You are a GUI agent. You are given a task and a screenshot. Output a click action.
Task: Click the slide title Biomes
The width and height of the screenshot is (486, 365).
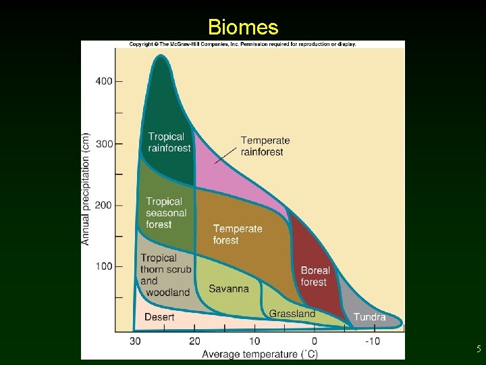tap(243, 27)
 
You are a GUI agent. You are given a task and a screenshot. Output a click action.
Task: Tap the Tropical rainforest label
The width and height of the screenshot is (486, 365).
tap(169, 142)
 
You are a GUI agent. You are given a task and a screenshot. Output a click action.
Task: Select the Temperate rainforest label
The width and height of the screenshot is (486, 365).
tap(265, 146)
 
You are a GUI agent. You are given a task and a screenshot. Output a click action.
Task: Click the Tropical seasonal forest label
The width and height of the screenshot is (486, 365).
tap(166, 212)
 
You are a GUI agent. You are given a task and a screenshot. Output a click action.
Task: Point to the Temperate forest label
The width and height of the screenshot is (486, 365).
tap(238, 234)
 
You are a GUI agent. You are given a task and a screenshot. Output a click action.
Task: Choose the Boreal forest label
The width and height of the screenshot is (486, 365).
tap(315, 276)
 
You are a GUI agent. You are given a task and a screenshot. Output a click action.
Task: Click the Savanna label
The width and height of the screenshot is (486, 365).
tap(228, 289)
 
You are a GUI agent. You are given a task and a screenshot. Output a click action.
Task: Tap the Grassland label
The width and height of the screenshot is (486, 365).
tap(292, 314)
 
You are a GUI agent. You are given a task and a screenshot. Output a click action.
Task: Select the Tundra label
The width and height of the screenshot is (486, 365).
tap(369, 317)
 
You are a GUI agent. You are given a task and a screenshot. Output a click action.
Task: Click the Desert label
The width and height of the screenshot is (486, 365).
tap(159, 317)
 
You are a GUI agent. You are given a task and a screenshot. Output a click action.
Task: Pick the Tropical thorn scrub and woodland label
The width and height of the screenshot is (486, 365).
tap(165, 274)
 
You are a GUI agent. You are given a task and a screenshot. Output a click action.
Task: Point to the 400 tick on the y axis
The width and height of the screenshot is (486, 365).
tap(104, 81)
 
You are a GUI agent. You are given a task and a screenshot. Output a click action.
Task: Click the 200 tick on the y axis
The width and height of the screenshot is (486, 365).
tap(104, 205)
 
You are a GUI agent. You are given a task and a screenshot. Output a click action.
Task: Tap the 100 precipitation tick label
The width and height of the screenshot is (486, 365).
tap(104, 266)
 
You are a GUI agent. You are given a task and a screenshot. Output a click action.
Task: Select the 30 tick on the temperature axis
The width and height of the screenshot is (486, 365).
tap(135, 341)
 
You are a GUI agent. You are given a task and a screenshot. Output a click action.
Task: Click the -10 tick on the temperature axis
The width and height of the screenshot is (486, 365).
tap(373, 341)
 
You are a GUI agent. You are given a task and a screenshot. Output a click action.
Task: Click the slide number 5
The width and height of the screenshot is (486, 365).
tap(478, 349)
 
